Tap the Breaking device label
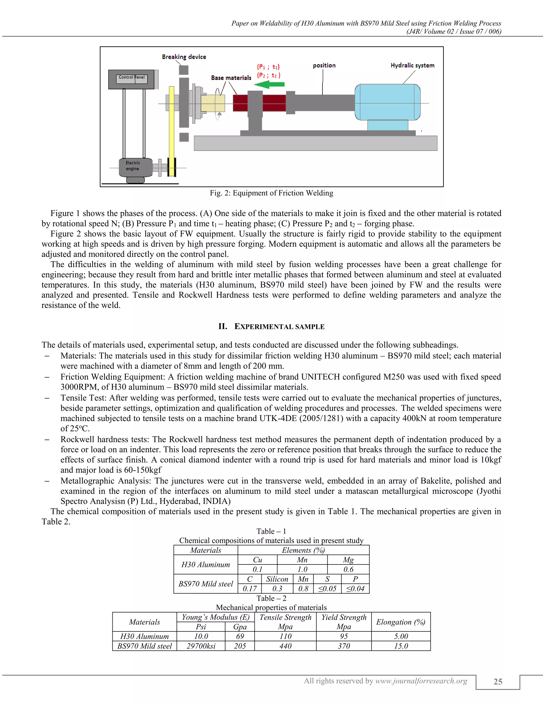tap(184, 57)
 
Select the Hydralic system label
tap(412, 65)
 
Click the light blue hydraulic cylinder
tap(387, 102)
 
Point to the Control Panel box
tap(132, 79)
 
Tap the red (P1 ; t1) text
tap(268, 67)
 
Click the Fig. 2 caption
tap(271, 193)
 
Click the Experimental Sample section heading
tap(271, 326)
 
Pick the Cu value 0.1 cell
tap(257, 569)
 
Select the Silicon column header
tap(277, 579)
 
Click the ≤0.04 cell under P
tap(355, 589)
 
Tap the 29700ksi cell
tap(201, 646)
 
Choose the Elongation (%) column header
tap(401, 622)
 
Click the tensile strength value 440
tap(285, 646)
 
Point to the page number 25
tap(498, 682)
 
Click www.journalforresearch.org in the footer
tap(421, 681)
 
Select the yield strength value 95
tap(344, 636)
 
